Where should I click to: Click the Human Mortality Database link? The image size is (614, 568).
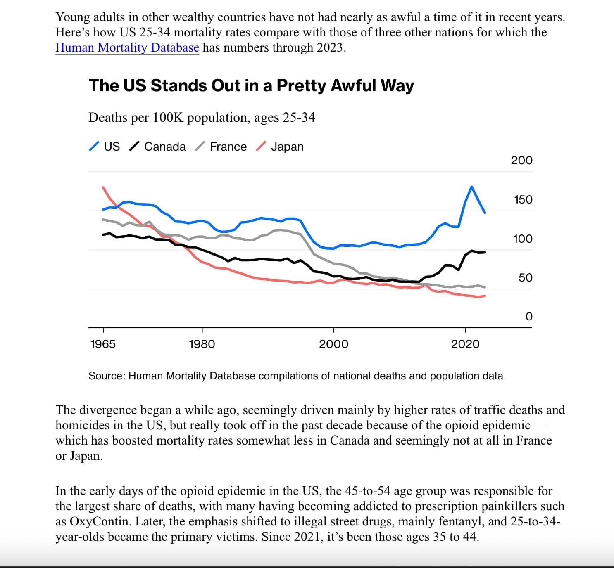point(127,48)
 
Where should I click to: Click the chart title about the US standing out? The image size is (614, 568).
point(251,85)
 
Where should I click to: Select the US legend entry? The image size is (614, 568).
point(105,147)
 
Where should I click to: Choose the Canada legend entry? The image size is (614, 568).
point(158,147)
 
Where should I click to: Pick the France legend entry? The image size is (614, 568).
point(221,147)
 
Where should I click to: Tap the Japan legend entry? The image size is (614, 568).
point(280,147)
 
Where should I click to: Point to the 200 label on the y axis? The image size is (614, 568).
point(521,161)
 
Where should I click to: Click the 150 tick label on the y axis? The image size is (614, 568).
point(523,200)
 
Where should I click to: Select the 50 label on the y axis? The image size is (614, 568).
point(525,278)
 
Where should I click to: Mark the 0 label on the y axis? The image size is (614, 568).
point(529,317)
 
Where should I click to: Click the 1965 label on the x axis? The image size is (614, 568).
point(103,344)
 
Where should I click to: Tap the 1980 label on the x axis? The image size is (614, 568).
point(202,344)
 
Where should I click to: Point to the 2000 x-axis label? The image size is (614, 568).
point(333,344)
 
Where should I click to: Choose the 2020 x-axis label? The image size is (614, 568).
point(465,344)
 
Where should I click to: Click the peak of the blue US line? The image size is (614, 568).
point(471,187)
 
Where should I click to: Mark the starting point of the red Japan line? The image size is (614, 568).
point(103,187)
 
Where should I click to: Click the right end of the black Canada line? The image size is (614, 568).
point(485,252)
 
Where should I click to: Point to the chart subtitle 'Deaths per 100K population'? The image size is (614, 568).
point(202,118)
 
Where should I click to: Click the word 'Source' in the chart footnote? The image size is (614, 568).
point(106,376)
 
